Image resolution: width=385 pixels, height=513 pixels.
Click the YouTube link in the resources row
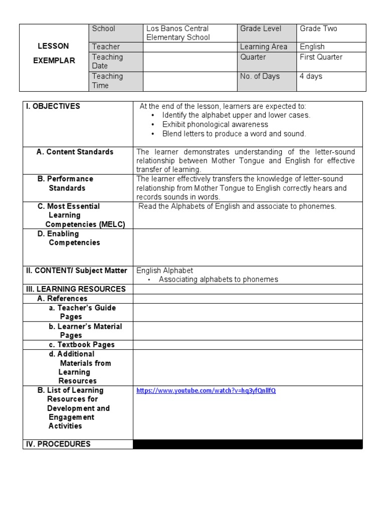click(206, 391)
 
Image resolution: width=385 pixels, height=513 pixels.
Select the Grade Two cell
click(318, 29)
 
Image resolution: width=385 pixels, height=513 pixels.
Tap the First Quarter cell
click(321, 57)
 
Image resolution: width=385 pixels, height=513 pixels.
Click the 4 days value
click(311, 76)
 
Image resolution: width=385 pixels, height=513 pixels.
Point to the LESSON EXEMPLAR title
click(54, 53)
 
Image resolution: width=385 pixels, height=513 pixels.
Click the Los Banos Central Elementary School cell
click(177, 33)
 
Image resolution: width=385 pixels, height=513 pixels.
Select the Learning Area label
click(264, 47)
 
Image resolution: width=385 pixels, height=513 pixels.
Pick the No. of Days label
click(260, 76)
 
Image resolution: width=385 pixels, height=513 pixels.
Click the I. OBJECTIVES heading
click(53, 106)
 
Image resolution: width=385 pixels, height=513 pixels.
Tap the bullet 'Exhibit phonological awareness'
click(215, 124)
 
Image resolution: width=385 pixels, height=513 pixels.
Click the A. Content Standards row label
click(75, 152)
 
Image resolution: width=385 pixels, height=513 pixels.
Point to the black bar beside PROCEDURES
click(248, 444)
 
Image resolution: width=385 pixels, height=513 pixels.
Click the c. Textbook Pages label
click(82, 345)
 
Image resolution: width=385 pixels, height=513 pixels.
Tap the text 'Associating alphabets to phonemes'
click(219, 280)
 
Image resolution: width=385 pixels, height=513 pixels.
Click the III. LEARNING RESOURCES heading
click(76, 289)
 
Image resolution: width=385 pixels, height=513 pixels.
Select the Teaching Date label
click(107, 61)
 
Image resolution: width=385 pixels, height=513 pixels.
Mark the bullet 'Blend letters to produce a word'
click(234, 134)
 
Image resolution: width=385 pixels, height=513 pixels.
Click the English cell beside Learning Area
click(312, 47)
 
